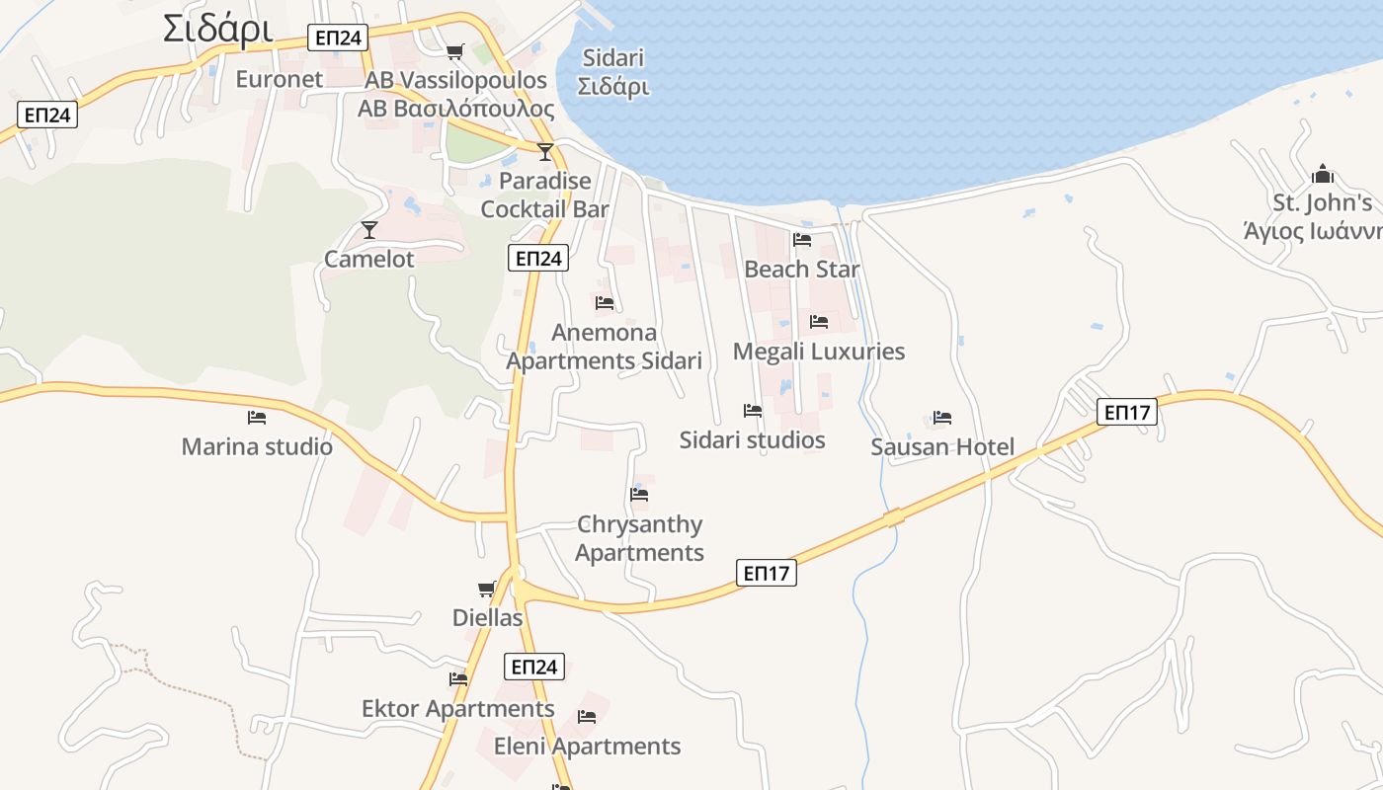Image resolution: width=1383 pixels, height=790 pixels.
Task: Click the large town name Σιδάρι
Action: (217, 29)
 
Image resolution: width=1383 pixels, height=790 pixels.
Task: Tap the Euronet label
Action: (279, 79)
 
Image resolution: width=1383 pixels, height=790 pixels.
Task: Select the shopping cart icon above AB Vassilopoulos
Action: (454, 51)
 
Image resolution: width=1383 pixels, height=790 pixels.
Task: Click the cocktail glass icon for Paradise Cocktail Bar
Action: (544, 151)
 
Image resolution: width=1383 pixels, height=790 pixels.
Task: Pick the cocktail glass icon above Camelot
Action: (369, 229)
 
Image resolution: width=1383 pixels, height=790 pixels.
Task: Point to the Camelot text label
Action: (369, 259)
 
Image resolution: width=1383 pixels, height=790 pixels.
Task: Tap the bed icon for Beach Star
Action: (802, 239)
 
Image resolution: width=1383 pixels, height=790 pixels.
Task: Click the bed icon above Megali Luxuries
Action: (819, 321)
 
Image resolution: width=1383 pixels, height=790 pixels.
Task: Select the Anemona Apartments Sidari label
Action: (605, 347)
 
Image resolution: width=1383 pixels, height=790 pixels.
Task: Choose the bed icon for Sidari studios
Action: (753, 410)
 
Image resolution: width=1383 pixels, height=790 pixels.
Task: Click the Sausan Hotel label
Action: (942, 447)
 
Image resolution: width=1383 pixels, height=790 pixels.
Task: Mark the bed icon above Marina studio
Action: (257, 417)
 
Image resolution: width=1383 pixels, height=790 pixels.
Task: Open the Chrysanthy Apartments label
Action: (640, 538)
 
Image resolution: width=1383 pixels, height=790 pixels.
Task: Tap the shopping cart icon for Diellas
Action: (486, 589)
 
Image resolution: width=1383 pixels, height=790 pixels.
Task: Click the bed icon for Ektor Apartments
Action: (458, 678)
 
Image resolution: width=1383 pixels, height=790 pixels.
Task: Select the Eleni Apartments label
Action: (587, 747)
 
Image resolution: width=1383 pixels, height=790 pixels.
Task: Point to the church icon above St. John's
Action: (1323, 175)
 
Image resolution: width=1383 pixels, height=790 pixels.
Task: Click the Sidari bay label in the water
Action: (613, 72)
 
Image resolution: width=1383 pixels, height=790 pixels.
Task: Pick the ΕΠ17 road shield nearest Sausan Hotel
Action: (1126, 412)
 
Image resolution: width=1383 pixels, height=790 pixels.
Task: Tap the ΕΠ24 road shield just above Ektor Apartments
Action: (534, 667)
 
